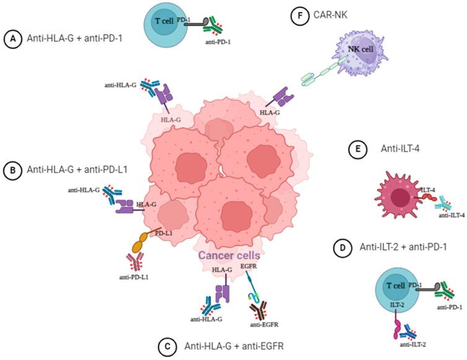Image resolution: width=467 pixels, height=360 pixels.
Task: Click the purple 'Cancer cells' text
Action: (x=230, y=255)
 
